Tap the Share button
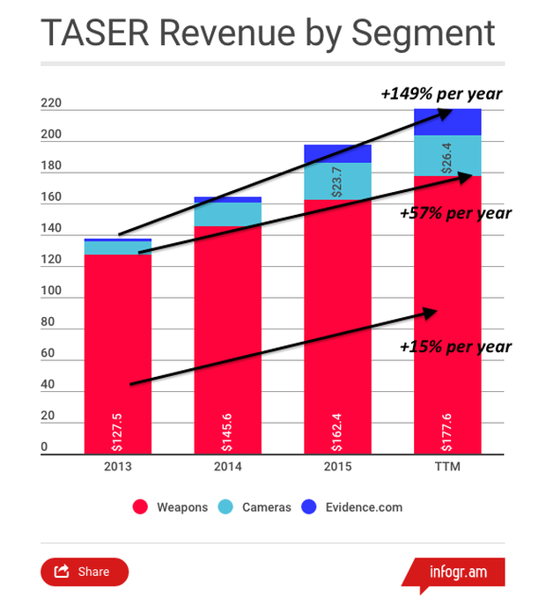click(85, 572)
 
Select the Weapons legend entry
click(171, 507)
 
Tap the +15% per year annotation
click(454, 346)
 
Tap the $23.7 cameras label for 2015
click(338, 181)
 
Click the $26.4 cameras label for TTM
click(448, 156)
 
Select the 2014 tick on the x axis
click(228, 466)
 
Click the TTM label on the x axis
click(448, 466)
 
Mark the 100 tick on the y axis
click(51, 292)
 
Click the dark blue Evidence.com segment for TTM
click(448, 122)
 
